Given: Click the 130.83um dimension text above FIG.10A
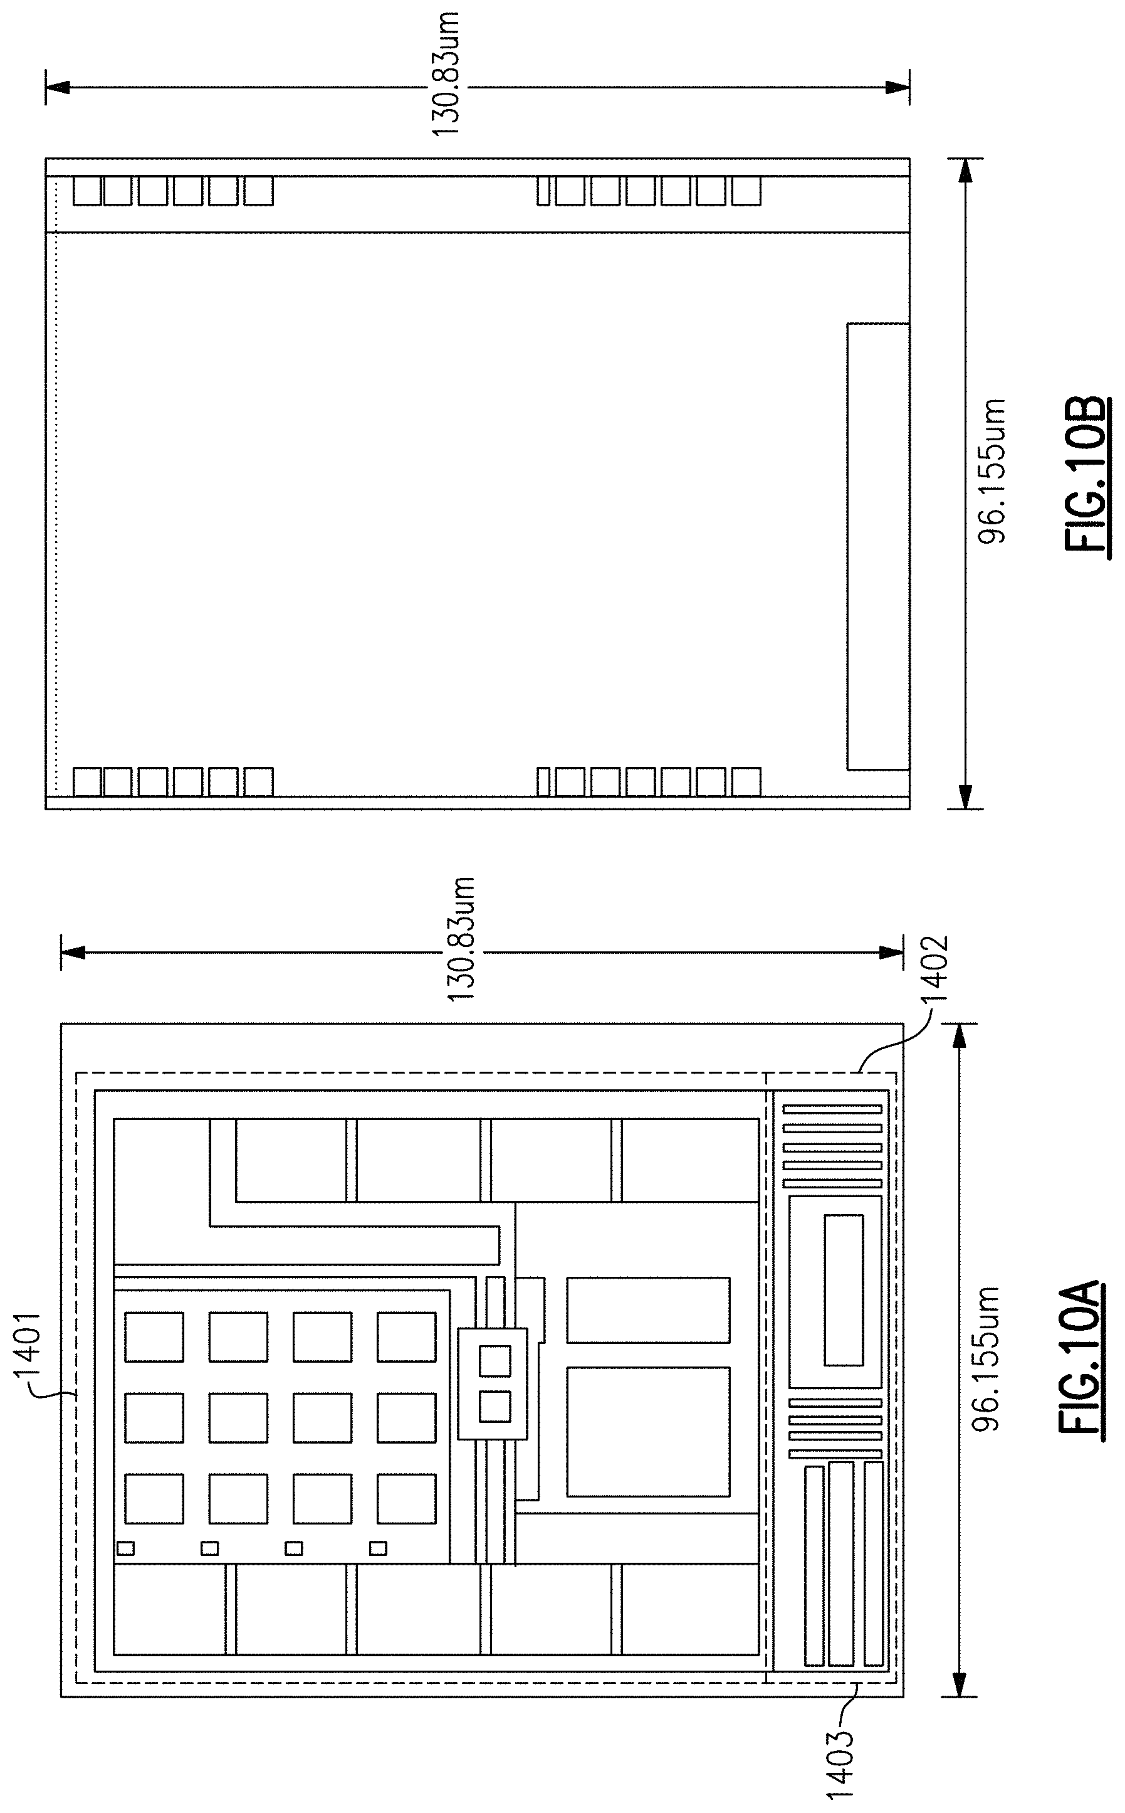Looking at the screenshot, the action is [x=460, y=940].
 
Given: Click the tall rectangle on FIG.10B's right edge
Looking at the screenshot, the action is [x=878, y=546].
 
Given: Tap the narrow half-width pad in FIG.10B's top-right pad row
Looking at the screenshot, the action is [x=543, y=191].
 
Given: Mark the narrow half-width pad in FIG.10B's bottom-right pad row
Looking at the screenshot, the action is [x=543, y=781].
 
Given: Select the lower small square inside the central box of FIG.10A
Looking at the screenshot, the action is [x=494, y=1406].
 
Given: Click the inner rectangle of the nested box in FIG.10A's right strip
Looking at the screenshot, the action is [x=844, y=1291].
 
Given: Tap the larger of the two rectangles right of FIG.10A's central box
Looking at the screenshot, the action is [x=648, y=1431].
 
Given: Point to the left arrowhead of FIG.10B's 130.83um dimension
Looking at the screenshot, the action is [x=57, y=88].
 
